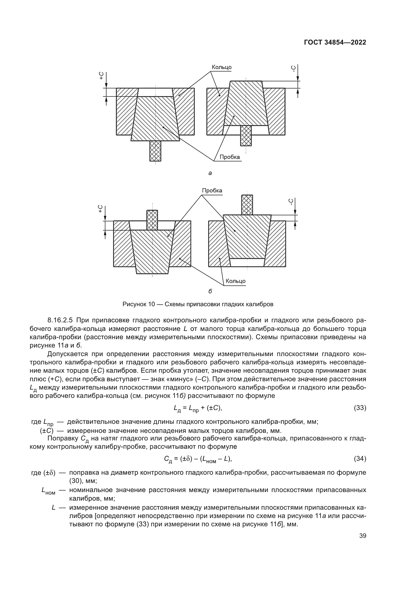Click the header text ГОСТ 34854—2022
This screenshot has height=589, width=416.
[x=335, y=43]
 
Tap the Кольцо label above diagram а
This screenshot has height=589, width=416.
[x=221, y=67]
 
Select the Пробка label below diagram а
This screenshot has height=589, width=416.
[x=230, y=157]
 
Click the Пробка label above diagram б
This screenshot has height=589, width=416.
[x=212, y=191]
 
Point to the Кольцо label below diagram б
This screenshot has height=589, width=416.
[x=235, y=281]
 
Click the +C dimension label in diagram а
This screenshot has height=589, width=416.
[x=102, y=76]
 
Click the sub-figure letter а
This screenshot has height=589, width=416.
[x=210, y=173]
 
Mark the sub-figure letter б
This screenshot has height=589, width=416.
[x=210, y=291]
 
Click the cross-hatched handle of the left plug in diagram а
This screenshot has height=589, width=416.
[x=155, y=151]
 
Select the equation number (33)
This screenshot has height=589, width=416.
[x=360, y=408]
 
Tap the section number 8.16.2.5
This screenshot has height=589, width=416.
[x=60, y=320]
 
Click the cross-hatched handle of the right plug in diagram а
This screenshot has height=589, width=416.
[x=246, y=135]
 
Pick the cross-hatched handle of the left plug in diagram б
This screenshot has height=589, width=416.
[x=152, y=220]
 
